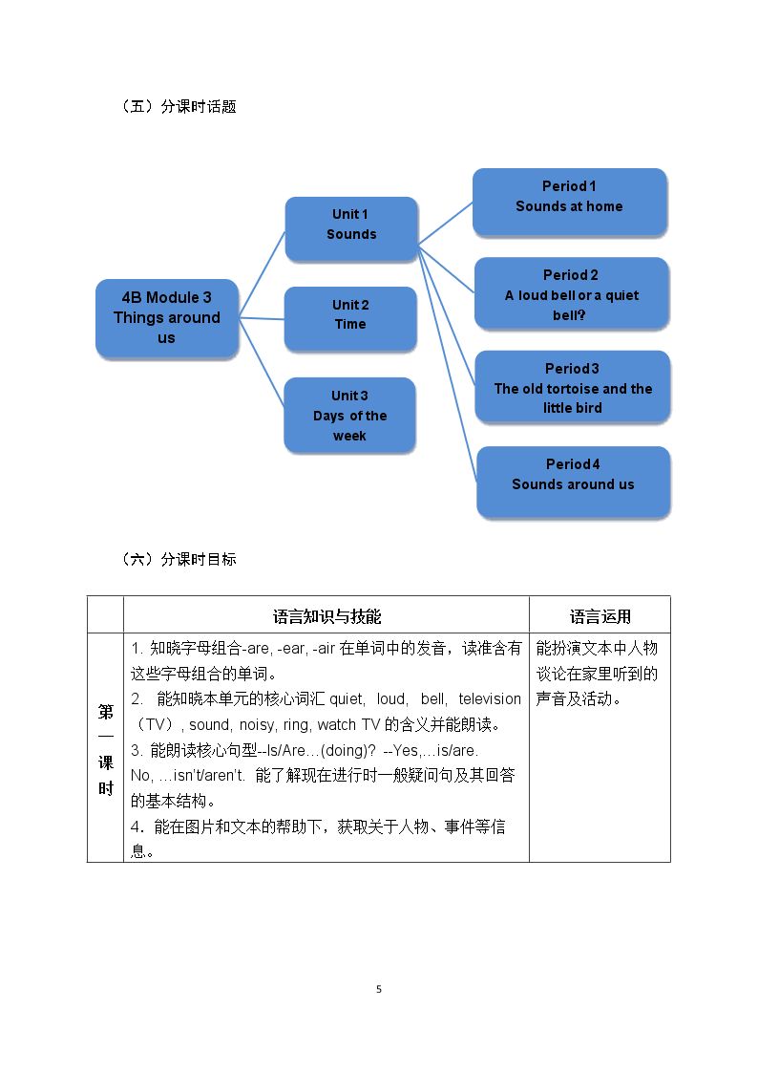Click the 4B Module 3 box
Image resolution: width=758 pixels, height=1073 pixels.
click(167, 318)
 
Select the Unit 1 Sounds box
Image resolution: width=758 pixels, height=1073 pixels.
click(351, 228)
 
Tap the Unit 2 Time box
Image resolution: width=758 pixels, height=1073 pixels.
click(350, 319)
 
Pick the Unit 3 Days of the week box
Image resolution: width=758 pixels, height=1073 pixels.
click(350, 415)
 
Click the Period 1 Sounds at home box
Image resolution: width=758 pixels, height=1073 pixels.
click(570, 202)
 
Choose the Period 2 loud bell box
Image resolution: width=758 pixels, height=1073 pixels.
click(572, 293)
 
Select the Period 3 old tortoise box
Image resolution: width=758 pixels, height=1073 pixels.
click(573, 387)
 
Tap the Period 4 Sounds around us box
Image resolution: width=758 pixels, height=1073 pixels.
click(574, 481)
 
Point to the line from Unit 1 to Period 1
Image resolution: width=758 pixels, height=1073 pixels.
click(445, 223)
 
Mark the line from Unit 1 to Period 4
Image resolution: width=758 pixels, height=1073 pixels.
click(447, 363)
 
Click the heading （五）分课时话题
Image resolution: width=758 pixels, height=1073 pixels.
click(179, 106)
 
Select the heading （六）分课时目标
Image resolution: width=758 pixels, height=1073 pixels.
click(179, 559)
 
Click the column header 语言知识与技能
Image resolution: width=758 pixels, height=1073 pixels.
click(326, 616)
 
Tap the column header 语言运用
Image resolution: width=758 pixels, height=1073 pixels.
click(600, 616)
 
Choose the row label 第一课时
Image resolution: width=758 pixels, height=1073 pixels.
click(106, 749)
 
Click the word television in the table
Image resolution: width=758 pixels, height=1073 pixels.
click(490, 698)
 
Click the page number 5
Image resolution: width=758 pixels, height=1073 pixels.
click(379, 989)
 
